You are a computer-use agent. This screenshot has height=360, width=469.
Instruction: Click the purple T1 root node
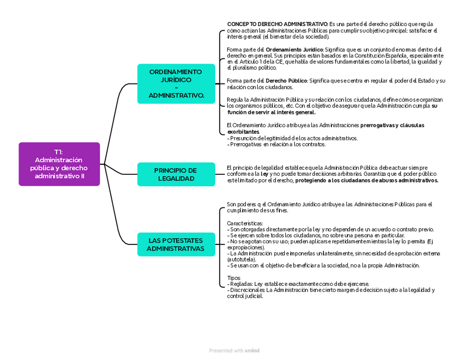[59, 164]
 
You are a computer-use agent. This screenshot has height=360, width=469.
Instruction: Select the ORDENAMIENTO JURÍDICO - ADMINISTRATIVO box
[176, 84]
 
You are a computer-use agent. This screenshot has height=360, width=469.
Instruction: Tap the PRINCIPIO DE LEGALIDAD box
[176, 174]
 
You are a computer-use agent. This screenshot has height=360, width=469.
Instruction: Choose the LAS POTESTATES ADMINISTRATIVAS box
[176, 244]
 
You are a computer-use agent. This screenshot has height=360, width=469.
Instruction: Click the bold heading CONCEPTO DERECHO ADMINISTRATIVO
[277, 25]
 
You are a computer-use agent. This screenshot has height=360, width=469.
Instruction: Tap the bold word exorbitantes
[243, 132]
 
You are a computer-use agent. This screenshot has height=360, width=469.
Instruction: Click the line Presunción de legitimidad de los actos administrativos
[294, 138]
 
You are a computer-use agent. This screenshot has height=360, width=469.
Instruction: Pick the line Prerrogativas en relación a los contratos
[278, 144]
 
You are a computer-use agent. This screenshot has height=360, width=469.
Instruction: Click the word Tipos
[234, 278]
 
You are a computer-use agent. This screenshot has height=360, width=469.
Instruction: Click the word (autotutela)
[241, 259]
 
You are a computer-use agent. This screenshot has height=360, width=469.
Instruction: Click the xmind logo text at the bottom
[253, 351]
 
